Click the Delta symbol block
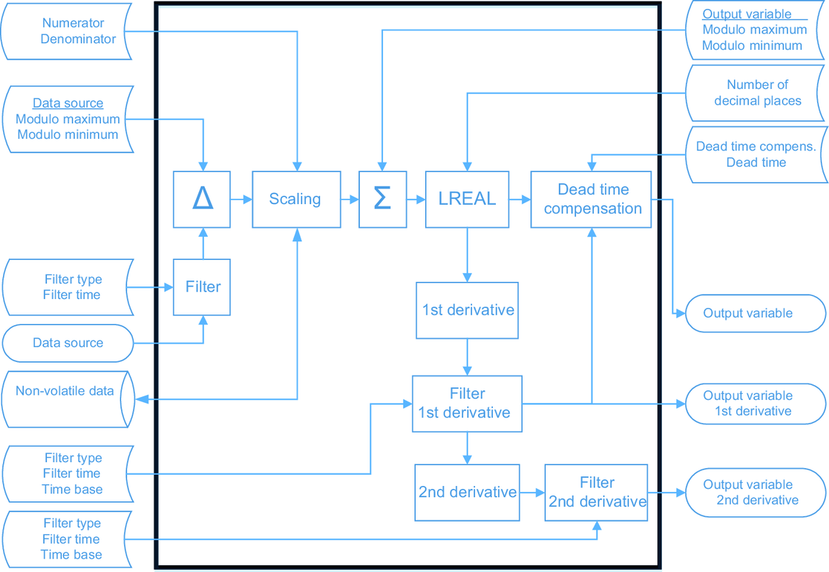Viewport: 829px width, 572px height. pyautogui.click(x=202, y=199)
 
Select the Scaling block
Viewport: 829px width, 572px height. pyautogui.click(x=295, y=199)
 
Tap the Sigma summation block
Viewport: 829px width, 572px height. pyautogui.click(x=382, y=199)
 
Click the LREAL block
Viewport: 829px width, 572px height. pyautogui.click(x=467, y=199)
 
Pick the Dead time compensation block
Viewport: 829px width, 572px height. pyautogui.click(x=592, y=199)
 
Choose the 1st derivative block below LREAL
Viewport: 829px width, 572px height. pyautogui.click(x=467, y=310)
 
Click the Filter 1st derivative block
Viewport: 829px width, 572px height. pyautogui.click(x=467, y=404)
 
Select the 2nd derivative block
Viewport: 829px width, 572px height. pyautogui.click(x=467, y=492)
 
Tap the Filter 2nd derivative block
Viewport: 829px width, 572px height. pyautogui.click(x=597, y=492)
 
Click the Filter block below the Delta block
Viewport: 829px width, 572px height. pyautogui.click(x=202, y=287)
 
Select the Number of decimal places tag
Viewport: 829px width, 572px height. pyautogui.click(x=757, y=93)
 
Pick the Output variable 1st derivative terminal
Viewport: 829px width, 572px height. pyautogui.click(x=754, y=404)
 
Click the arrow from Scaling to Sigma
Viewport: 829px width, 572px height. pyautogui.click(x=350, y=199)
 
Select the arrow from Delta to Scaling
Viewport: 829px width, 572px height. pyautogui.click(x=241, y=199)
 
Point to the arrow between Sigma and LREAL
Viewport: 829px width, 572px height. pyautogui.click(x=416, y=199)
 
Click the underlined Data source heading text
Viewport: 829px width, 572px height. pyautogui.click(x=68, y=103)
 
